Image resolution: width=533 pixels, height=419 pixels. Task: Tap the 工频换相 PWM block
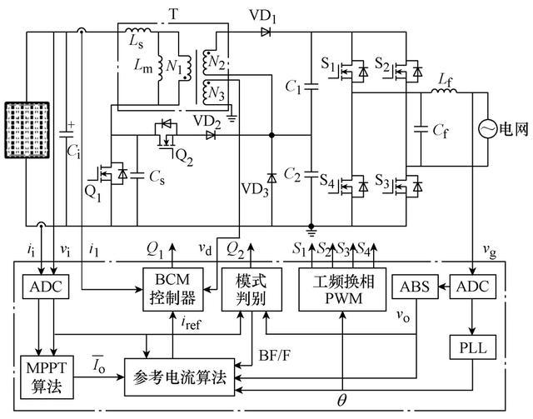[x=343, y=288]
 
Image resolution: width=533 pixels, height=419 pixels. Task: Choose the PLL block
[x=471, y=345]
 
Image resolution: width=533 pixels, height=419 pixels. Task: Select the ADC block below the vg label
[x=471, y=286]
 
